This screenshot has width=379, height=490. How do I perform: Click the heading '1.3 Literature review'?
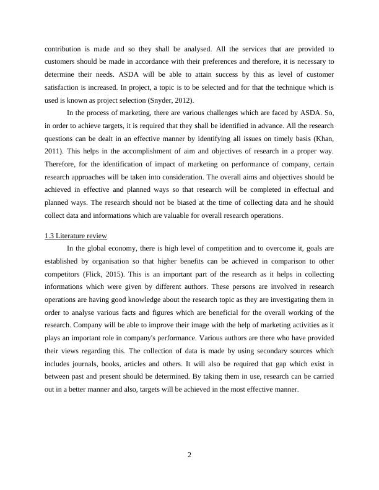(x=76, y=236)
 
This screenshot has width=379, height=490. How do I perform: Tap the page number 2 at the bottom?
(x=189, y=455)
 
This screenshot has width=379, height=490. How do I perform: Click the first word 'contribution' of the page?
(x=66, y=48)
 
